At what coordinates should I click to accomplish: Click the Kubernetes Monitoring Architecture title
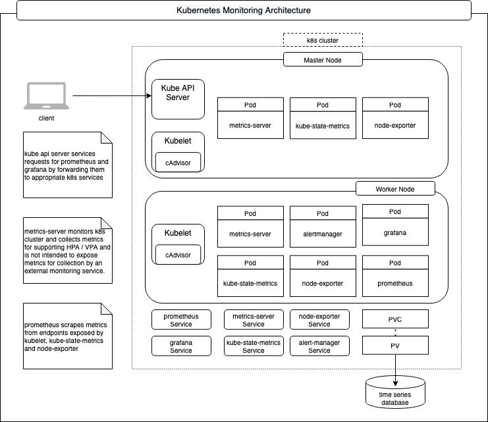(x=244, y=11)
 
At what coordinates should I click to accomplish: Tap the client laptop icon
(x=46, y=97)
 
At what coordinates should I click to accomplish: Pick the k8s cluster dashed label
(x=323, y=40)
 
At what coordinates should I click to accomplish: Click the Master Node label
(x=323, y=60)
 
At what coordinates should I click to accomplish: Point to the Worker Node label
(x=395, y=189)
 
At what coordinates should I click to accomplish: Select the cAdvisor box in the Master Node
(x=178, y=161)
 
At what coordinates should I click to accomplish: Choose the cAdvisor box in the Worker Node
(x=178, y=254)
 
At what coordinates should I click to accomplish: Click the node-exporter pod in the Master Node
(x=395, y=119)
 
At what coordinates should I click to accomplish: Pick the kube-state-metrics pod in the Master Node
(x=323, y=119)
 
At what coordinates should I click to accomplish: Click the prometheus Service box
(x=180, y=320)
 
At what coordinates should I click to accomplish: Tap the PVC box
(x=395, y=319)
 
